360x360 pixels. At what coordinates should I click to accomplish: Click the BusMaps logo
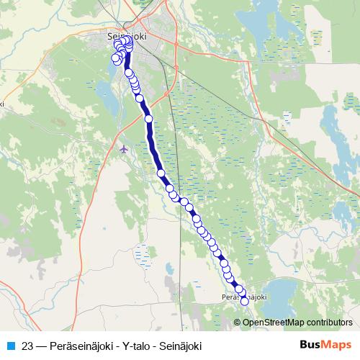[x=325, y=344]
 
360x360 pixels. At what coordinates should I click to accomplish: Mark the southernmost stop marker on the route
[x=244, y=301]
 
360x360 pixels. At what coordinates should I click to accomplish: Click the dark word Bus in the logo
[x=312, y=344]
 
